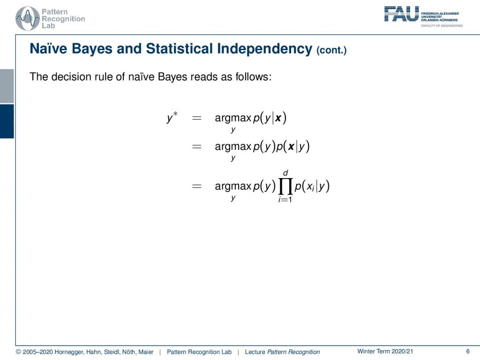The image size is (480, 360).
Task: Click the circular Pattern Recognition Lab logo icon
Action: click(x=28, y=19)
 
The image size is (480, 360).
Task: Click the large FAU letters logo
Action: click(x=401, y=14)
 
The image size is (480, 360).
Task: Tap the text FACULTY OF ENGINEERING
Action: click(x=442, y=26)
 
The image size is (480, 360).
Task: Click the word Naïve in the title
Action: click(x=48, y=49)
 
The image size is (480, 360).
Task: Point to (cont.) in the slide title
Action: click(x=331, y=50)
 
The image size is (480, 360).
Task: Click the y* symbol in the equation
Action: click(x=172, y=118)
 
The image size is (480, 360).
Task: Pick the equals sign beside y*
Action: click(x=196, y=118)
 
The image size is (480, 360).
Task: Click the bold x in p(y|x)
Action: click(x=278, y=118)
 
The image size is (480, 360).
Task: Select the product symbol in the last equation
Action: click(x=285, y=186)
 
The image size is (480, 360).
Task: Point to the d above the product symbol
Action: click(x=285, y=173)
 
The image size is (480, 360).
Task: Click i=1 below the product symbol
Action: click(x=285, y=200)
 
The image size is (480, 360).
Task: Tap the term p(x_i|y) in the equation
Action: click(x=312, y=186)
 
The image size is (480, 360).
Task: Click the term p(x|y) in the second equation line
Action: click(x=293, y=147)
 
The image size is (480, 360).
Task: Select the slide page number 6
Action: click(x=468, y=352)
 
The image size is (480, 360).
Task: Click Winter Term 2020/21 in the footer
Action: click(x=385, y=352)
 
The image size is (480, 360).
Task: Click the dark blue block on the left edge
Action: click(x=7, y=121)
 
